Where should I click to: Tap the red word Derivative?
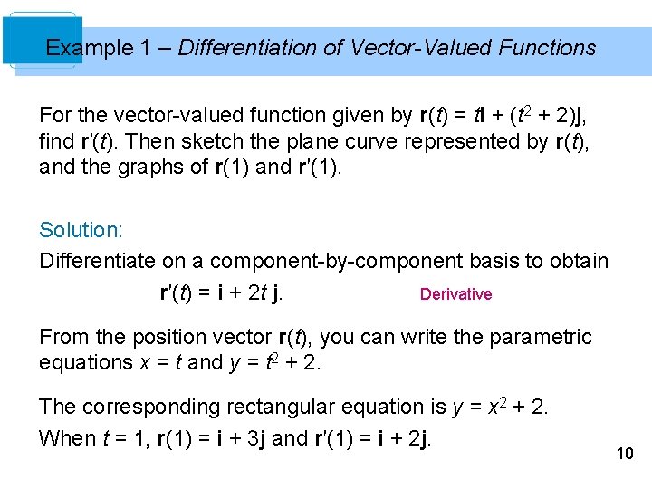(x=455, y=294)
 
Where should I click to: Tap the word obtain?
(x=578, y=261)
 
